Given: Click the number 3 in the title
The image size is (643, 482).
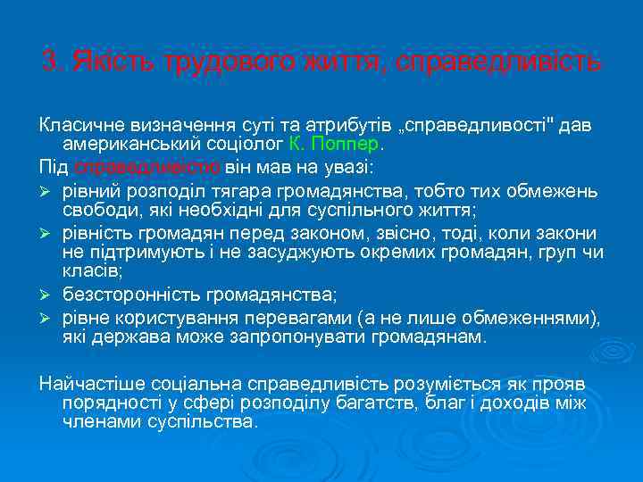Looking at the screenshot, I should [48, 63].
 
